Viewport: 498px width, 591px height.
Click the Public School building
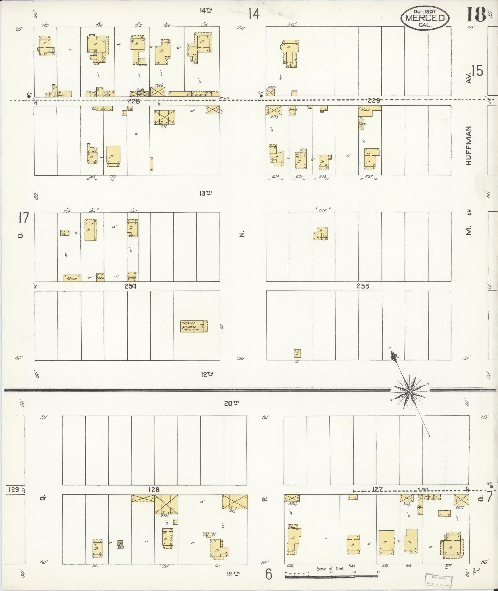point(194,326)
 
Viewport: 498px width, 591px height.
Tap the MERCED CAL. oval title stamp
point(425,18)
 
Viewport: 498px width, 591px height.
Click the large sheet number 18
point(476,15)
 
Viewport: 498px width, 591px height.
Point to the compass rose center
point(410,392)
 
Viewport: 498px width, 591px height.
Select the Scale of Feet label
point(330,568)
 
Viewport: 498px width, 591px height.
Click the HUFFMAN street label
point(469,145)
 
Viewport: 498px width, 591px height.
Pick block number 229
point(374,101)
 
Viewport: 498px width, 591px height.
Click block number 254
point(130,286)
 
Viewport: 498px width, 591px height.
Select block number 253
point(363,286)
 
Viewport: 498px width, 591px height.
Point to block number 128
point(153,489)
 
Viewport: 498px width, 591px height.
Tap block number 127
point(377,489)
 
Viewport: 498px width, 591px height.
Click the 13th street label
point(206,193)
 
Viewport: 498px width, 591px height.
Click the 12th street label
point(207,375)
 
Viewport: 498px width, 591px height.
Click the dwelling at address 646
point(320,234)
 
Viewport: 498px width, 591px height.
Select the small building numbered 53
point(297,353)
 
